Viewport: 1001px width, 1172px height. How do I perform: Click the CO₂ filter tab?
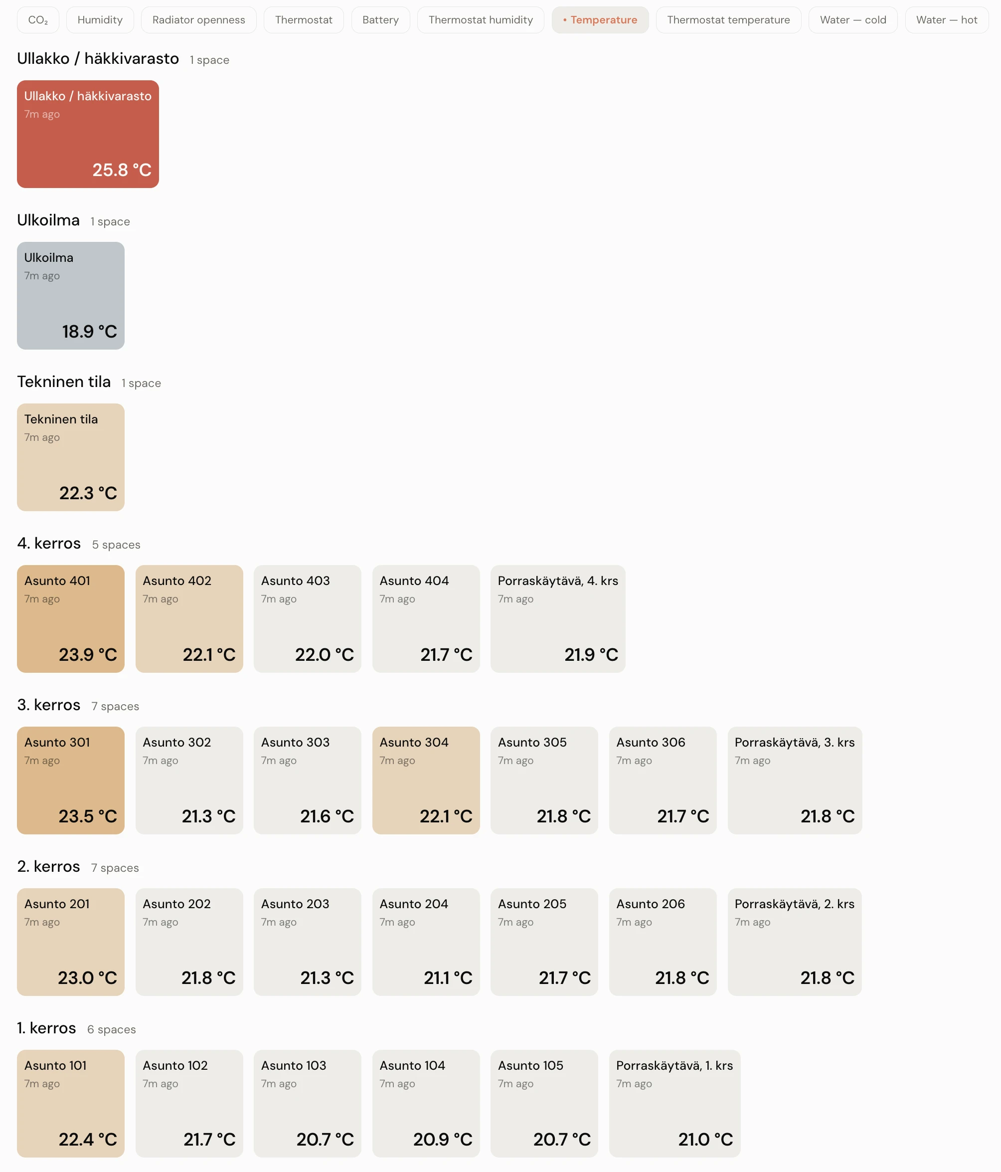[38, 20]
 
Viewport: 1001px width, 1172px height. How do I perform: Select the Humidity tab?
[100, 20]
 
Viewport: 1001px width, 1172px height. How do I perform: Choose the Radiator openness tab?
[198, 20]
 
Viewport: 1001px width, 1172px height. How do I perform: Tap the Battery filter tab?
[380, 20]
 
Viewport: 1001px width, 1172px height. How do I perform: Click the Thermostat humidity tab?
[481, 20]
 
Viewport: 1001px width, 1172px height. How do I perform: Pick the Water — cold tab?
[853, 20]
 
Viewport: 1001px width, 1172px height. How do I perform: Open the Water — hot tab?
[947, 20]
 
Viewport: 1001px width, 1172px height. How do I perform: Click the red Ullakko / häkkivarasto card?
[88, 134]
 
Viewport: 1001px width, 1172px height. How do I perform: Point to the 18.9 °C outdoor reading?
[89, 332]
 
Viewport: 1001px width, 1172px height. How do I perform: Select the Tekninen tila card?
[71, 457]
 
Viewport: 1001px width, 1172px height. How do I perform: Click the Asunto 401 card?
[71, 619]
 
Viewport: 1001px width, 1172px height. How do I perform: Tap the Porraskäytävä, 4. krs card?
[558, 619]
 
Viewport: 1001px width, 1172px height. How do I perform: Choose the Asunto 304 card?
[426, 781]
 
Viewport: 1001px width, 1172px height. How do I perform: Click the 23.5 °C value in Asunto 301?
[88, 816]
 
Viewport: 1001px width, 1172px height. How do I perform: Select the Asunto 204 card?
[426, 942]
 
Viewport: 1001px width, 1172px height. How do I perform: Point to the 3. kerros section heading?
[49, 705]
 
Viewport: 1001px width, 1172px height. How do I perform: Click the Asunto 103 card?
[308, 1104]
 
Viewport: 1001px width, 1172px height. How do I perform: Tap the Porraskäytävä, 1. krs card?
[674, 1104]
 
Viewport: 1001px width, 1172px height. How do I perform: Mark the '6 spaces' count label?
[111, 1029]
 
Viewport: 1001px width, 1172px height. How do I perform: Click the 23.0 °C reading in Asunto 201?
[88, 978]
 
